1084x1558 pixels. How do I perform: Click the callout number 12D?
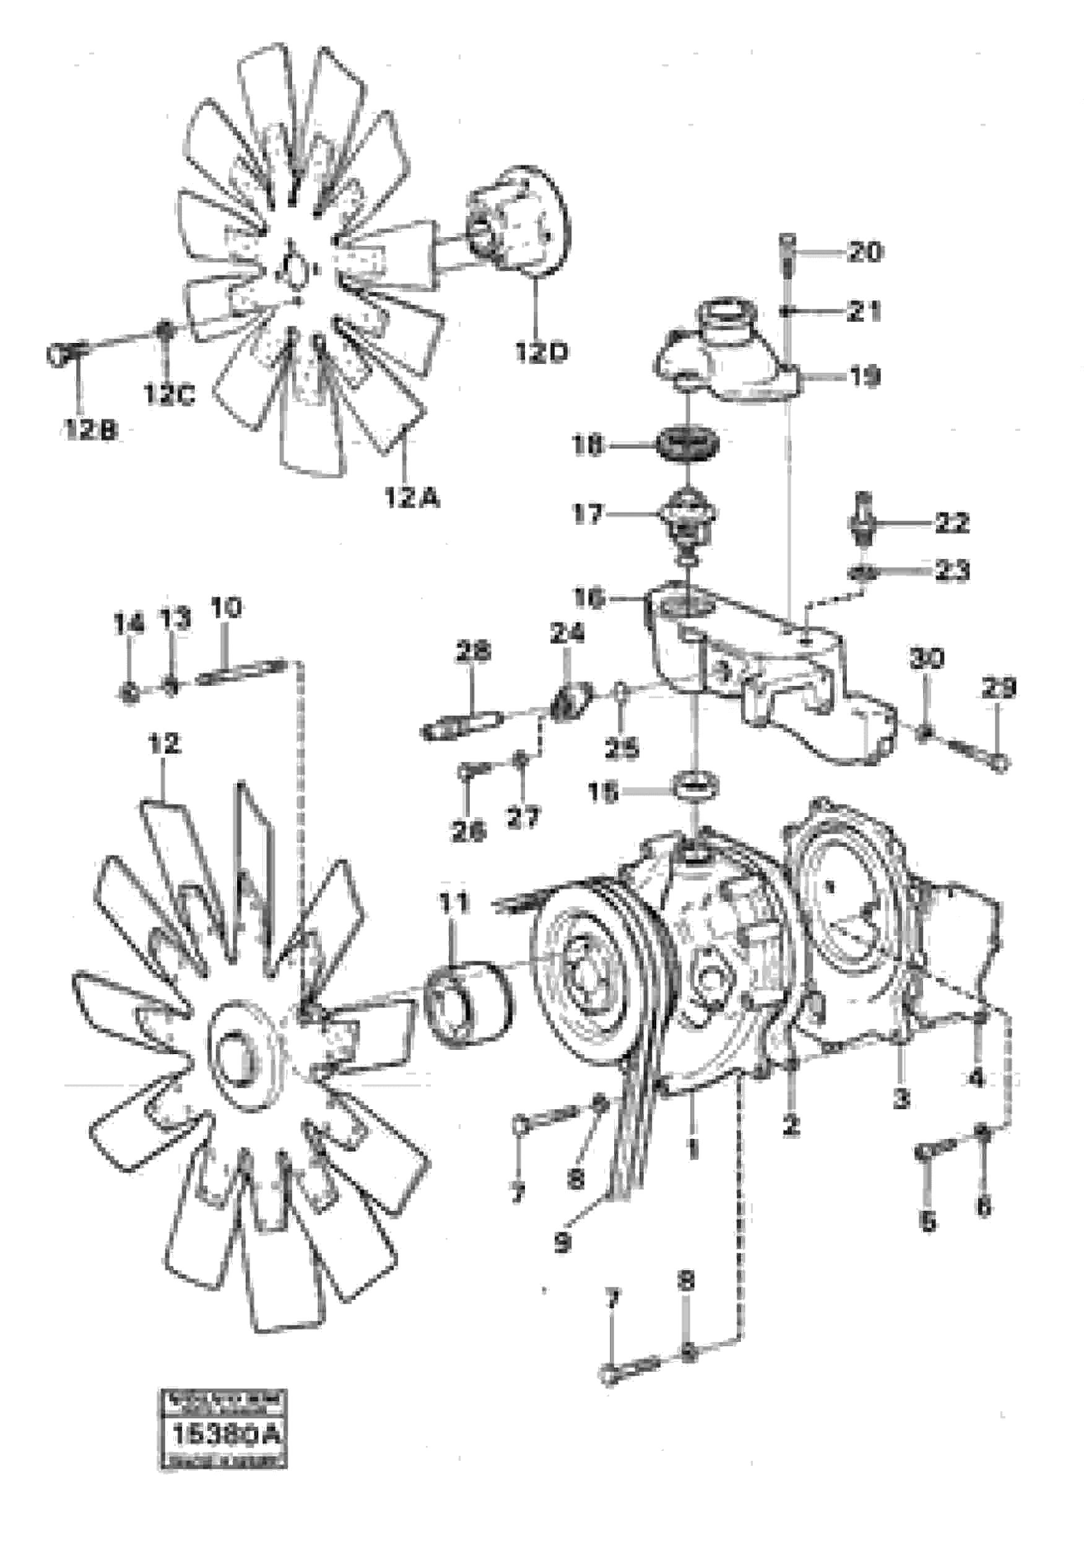click(x=541, y=352)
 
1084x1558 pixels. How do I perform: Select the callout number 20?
click(x=865, y=253)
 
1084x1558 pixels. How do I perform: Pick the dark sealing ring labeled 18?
click(x=688, y=446)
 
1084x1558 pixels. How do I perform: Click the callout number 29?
click(x=999, y=689)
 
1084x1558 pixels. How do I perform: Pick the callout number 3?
click(x=901, y=1098)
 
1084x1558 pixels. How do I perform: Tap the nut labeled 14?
click(x=129, y=691)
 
